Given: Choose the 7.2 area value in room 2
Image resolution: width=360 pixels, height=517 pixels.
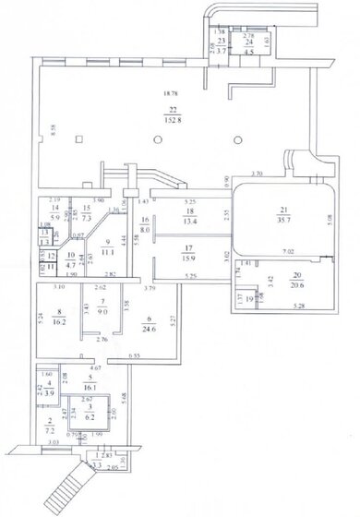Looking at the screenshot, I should coord(48,431).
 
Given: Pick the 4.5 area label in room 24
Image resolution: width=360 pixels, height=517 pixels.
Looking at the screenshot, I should coord(248,52).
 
